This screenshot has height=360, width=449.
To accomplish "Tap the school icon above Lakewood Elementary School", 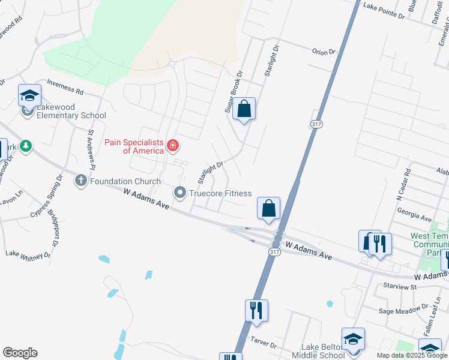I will point(29,95).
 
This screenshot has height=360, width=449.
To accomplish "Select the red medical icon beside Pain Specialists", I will point(173,145).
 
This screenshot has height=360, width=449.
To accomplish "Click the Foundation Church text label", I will point(126,181).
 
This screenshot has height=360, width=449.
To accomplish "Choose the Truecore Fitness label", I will point(220,193).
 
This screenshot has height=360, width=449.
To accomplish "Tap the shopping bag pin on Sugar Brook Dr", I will point(244,109).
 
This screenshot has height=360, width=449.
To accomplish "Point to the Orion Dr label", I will point(324,52).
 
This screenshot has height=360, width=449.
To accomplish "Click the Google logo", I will point(20,353).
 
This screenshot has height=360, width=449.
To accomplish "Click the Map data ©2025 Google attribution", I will point(411,355).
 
